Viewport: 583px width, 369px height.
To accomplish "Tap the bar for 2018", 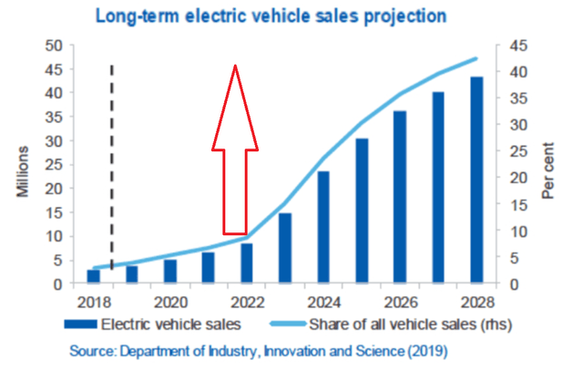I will tap(93, 276).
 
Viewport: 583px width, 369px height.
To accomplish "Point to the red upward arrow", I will tap(235, 150).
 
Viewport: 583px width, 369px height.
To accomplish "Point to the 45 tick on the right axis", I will tap(517, 46).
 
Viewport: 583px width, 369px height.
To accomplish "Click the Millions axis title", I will tap(20, 165).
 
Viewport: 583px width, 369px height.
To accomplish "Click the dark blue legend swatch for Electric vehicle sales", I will tap(81, 323).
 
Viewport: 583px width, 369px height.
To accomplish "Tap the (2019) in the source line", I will tap(428, 350).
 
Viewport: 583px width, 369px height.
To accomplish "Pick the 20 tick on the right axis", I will tap(517, 178).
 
